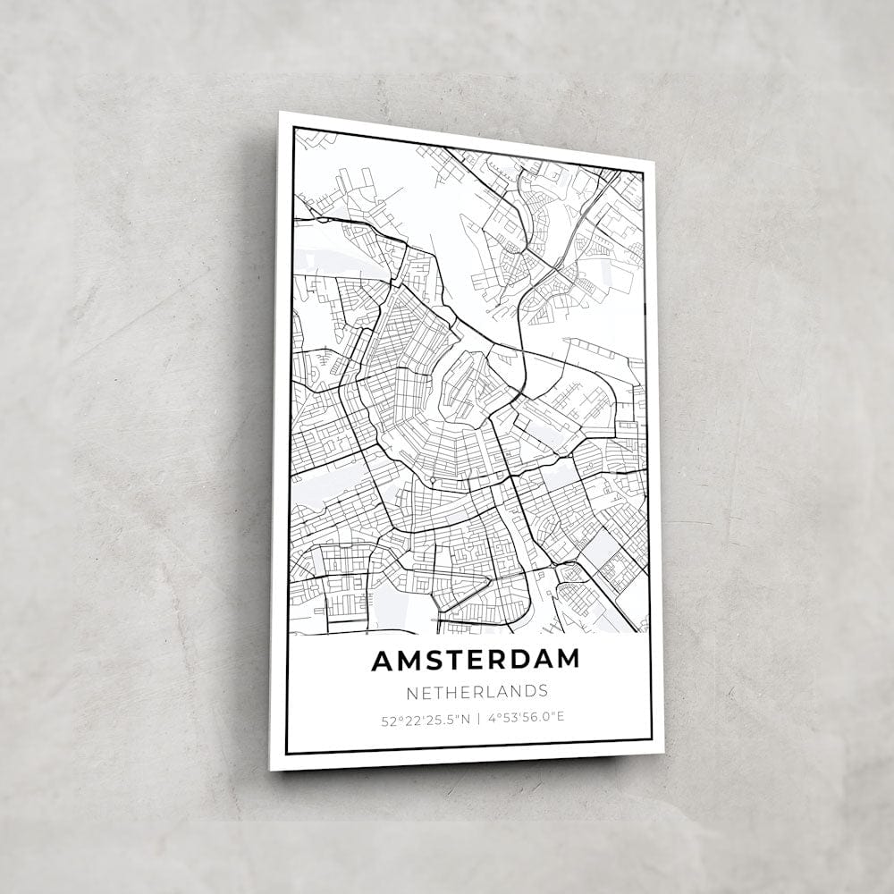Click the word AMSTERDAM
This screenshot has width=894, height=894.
pos(476,660)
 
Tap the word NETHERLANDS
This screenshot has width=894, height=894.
pos(477,691)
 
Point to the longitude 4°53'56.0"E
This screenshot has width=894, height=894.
pos(527,717)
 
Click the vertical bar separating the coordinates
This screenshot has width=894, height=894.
pos(478,717)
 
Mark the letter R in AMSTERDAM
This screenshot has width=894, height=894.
pos(499,660)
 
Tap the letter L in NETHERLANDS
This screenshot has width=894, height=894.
pos(488,691)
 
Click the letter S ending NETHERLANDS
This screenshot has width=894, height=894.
pos(543,690)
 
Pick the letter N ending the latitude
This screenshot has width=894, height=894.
pos(466,718)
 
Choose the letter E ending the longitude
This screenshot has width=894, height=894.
pos(561,717)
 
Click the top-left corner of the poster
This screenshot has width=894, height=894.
pos(280,113)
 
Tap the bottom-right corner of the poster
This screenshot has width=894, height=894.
pos(663,753)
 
